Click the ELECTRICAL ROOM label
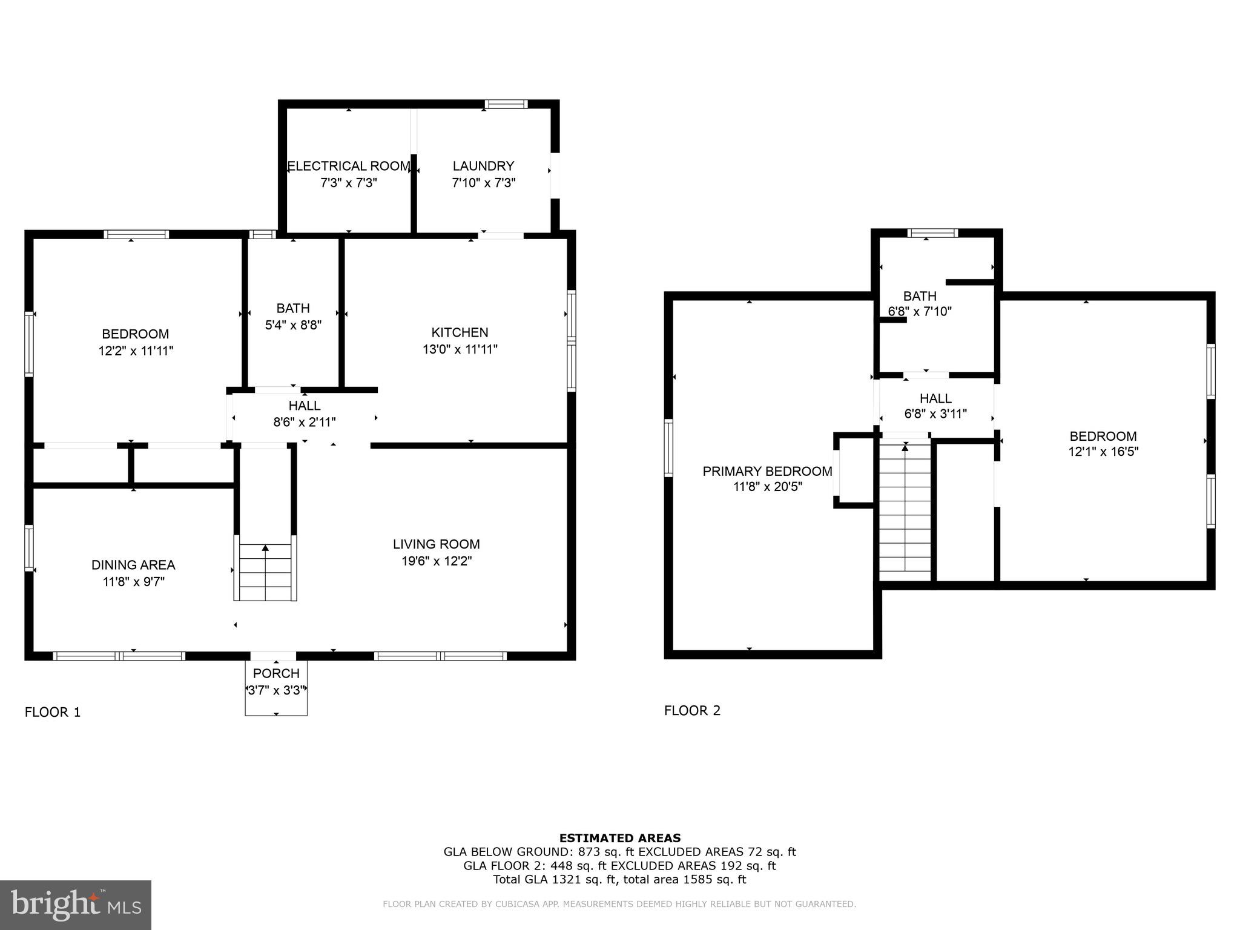pyautogui.click(x=349, y=166)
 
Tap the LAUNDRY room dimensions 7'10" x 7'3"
pyautogui.click(x=483, y=183)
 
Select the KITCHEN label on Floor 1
pyautogui.click(x=460, y=332)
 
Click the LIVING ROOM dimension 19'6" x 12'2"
pyautogui.click(x=436, y=561)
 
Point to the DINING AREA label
pyautogui.click(x=133, y=565)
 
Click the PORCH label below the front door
pyautogui.click(x=276, y=673)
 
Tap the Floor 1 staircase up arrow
pyautogui.click(x=265, y=549)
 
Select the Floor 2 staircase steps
pyautogui.click(x=905, y=515)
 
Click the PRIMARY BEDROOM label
pyautogui.click(x=767, y=471)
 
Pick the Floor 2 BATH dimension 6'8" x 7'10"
pyautogui.click(x=920, y=312)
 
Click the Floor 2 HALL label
pyautogui.click(x=935, y=398)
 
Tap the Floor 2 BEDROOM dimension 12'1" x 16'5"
pyautogui.click(x=1103, y=452)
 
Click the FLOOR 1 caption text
pyautogui.click(x=53, y=712)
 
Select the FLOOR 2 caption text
pyautogui.click(x=692, y=710)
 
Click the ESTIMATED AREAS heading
pyautogui.click(x=619, y=838)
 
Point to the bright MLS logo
pyautogui.click(x=76, y=905)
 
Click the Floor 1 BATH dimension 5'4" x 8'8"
pyautogui.click(x=293, y=325)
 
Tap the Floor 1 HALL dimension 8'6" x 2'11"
pyautogui.click(x=304, y=422)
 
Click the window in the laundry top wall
pyautogui.click(x=506, y=104)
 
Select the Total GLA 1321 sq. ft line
pyautogui.click(x=619, y=879)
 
